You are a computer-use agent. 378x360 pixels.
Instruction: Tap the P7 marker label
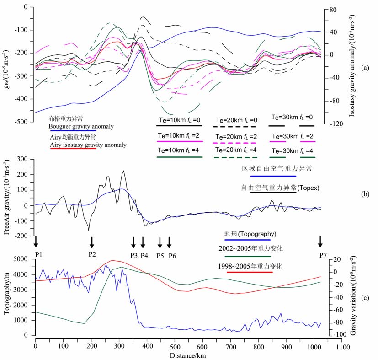[320, 255]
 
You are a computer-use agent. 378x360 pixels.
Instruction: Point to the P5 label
[160, 255]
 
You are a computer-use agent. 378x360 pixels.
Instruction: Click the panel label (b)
[365, 194]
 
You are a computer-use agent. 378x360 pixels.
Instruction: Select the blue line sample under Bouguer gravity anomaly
[73, 130]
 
